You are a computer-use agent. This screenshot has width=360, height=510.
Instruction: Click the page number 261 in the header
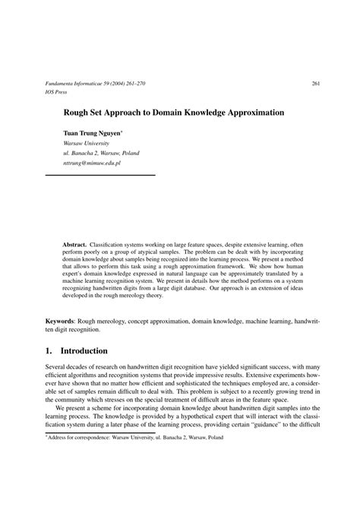(315, 84)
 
